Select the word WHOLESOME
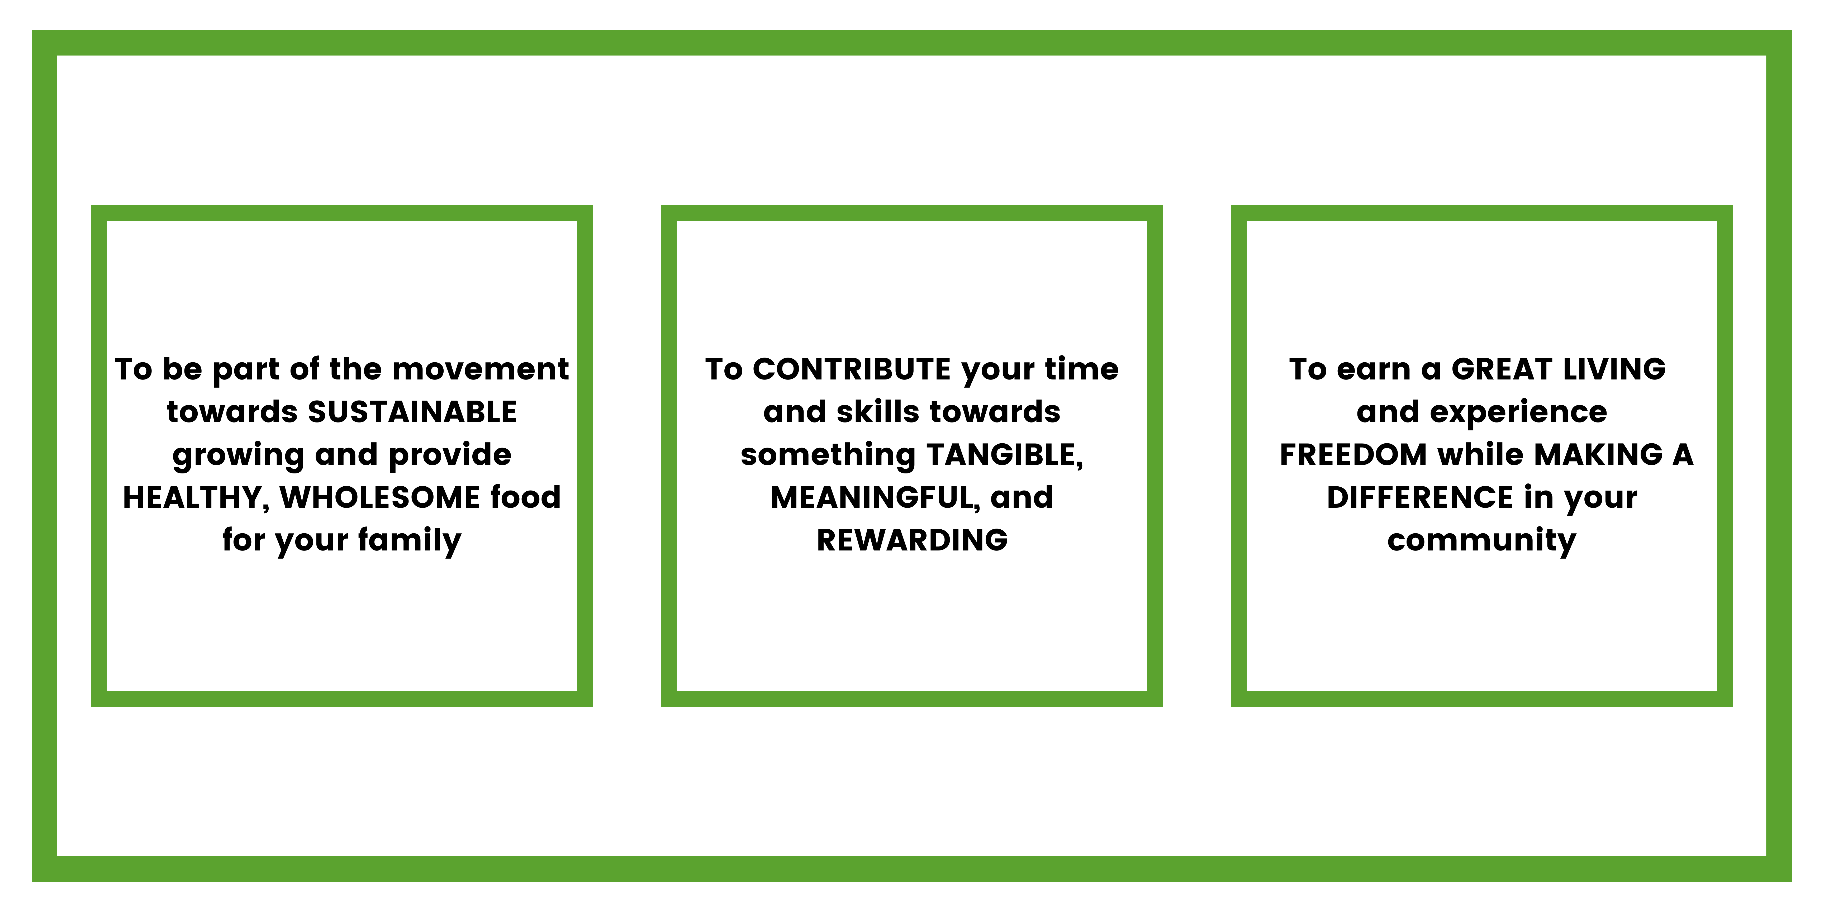[x=379, y=497]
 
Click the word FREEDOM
[x=1353, y=455]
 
